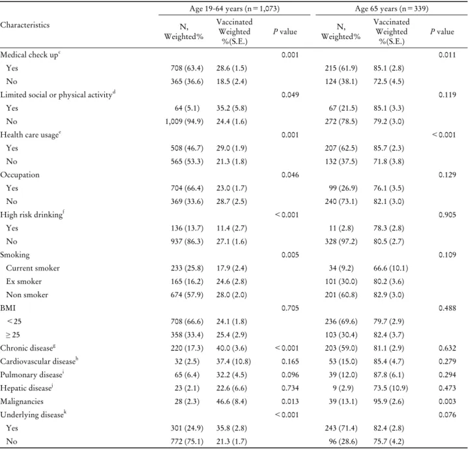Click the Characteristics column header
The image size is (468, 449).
click(25, 25)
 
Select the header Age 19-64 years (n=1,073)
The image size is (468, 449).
click(235, 8)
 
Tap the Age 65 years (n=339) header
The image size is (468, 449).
click(392, 8)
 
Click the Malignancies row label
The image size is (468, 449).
click(22, 401)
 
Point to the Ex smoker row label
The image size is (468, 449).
click(24, 282)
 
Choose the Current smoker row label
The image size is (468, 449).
click(33, 268)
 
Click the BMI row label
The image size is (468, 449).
click(8, 308)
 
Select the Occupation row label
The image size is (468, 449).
click(20, 175)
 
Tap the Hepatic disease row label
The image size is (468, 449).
click(27, 388)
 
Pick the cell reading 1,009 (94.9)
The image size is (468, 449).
click(184, 121)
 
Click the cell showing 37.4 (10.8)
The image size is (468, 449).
click(234, 361)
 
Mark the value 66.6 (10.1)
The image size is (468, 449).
click(390, 268)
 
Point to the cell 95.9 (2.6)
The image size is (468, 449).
click(388, 401)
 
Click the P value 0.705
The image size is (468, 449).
click(290, 308)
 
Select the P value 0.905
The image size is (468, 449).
click(447, 215)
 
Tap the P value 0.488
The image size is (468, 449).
click(447, 308)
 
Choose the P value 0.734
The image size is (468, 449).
click(290, 388)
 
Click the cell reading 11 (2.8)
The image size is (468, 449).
click(341, 228)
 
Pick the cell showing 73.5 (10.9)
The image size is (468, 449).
click(390, 388)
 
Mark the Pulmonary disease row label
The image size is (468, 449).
click(32, 375)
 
